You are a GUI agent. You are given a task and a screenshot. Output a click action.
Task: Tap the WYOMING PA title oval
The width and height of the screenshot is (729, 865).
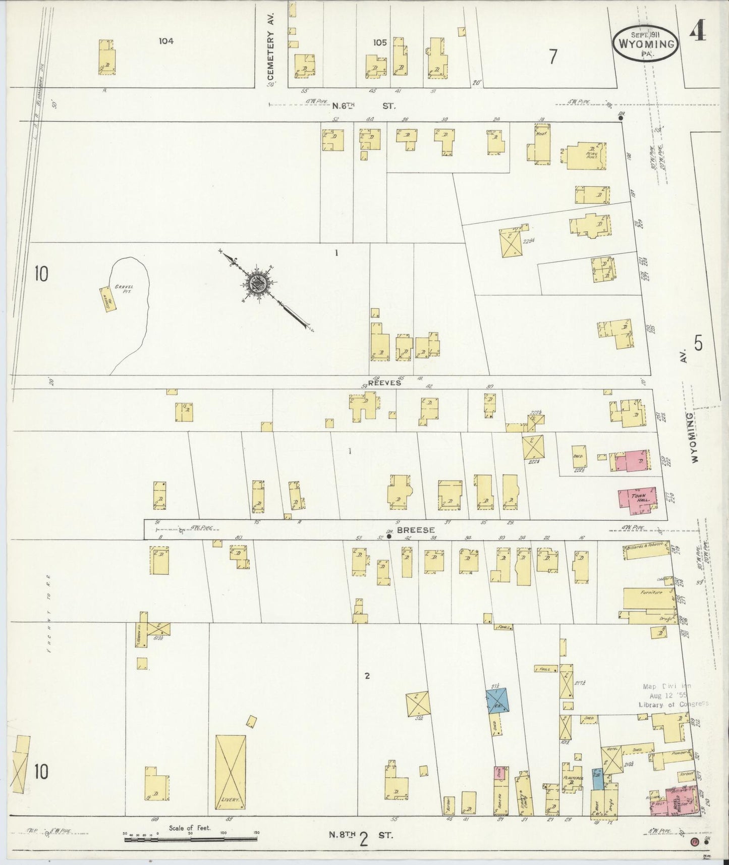click(645, 44)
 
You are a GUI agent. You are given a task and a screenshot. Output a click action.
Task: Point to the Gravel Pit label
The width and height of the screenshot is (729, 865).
click(123, 289)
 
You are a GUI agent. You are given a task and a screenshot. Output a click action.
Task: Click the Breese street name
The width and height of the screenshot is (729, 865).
click(409, 530)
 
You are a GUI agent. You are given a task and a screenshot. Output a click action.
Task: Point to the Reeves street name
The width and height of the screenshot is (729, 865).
click(384, 383)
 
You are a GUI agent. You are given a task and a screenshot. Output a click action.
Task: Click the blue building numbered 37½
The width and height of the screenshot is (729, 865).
click(497, 701)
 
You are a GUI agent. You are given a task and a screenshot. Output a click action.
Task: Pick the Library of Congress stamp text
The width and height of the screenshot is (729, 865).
click(673, 704)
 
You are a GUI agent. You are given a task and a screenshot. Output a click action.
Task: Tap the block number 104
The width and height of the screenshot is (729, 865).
click(165, 41)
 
